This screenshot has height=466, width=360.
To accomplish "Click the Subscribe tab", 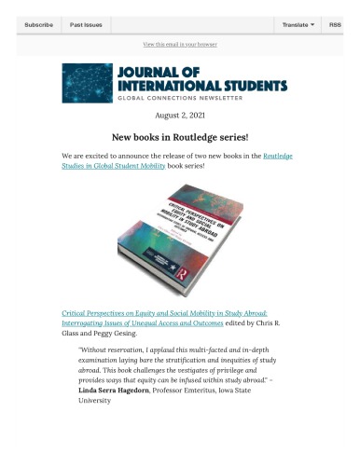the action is pyautogui.click(x=38, y=24).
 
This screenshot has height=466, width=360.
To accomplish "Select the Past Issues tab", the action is pyautogui.click(x=87, y=24).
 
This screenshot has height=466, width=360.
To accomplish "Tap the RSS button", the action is pyautogui.click(x=335, y=24).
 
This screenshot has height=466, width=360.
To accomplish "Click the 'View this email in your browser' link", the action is pyautogui.click(x=180, y=44).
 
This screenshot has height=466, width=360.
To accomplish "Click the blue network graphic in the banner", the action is pyautogui.click(x=87, y=83).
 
